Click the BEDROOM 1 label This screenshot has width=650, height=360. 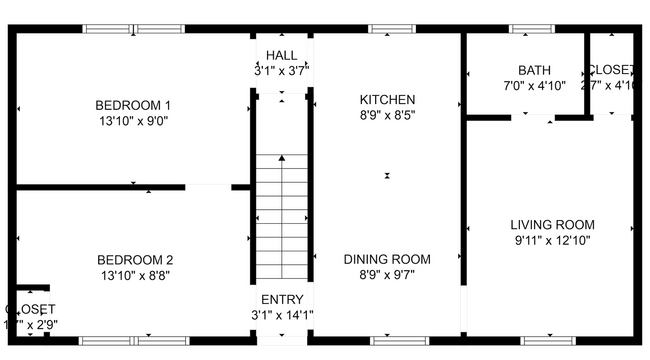point(133,105)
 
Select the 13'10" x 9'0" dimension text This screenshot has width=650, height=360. point(133,121)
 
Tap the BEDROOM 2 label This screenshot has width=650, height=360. point(133,258)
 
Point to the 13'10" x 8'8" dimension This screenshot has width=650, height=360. point(133,274)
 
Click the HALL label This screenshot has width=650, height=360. point(281,54)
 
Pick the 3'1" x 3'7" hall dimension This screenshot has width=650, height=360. point(281,71)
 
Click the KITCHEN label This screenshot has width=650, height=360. point(387,99)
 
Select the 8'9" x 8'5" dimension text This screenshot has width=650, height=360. point(387,115)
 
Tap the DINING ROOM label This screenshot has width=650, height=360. point(387,258)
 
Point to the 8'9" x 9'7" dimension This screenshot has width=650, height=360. point(387,274)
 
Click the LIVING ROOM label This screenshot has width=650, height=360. point(552,224)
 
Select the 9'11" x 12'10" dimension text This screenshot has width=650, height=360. point(552,240)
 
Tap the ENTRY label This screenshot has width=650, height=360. point(281,300)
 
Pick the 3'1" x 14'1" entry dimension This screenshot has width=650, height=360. point(281,316)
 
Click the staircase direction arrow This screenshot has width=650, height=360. point(282,158)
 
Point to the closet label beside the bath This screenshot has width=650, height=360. point(611,70)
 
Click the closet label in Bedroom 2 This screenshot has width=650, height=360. point(30,309)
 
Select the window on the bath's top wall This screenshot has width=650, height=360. point(526,29)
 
